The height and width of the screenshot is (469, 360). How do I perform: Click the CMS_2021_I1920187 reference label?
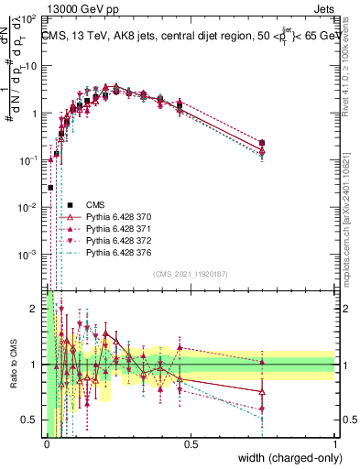pos(190,274)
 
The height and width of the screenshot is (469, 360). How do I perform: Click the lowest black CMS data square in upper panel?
pos(50,188)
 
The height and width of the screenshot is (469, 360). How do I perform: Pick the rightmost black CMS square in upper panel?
pos(263,143)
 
